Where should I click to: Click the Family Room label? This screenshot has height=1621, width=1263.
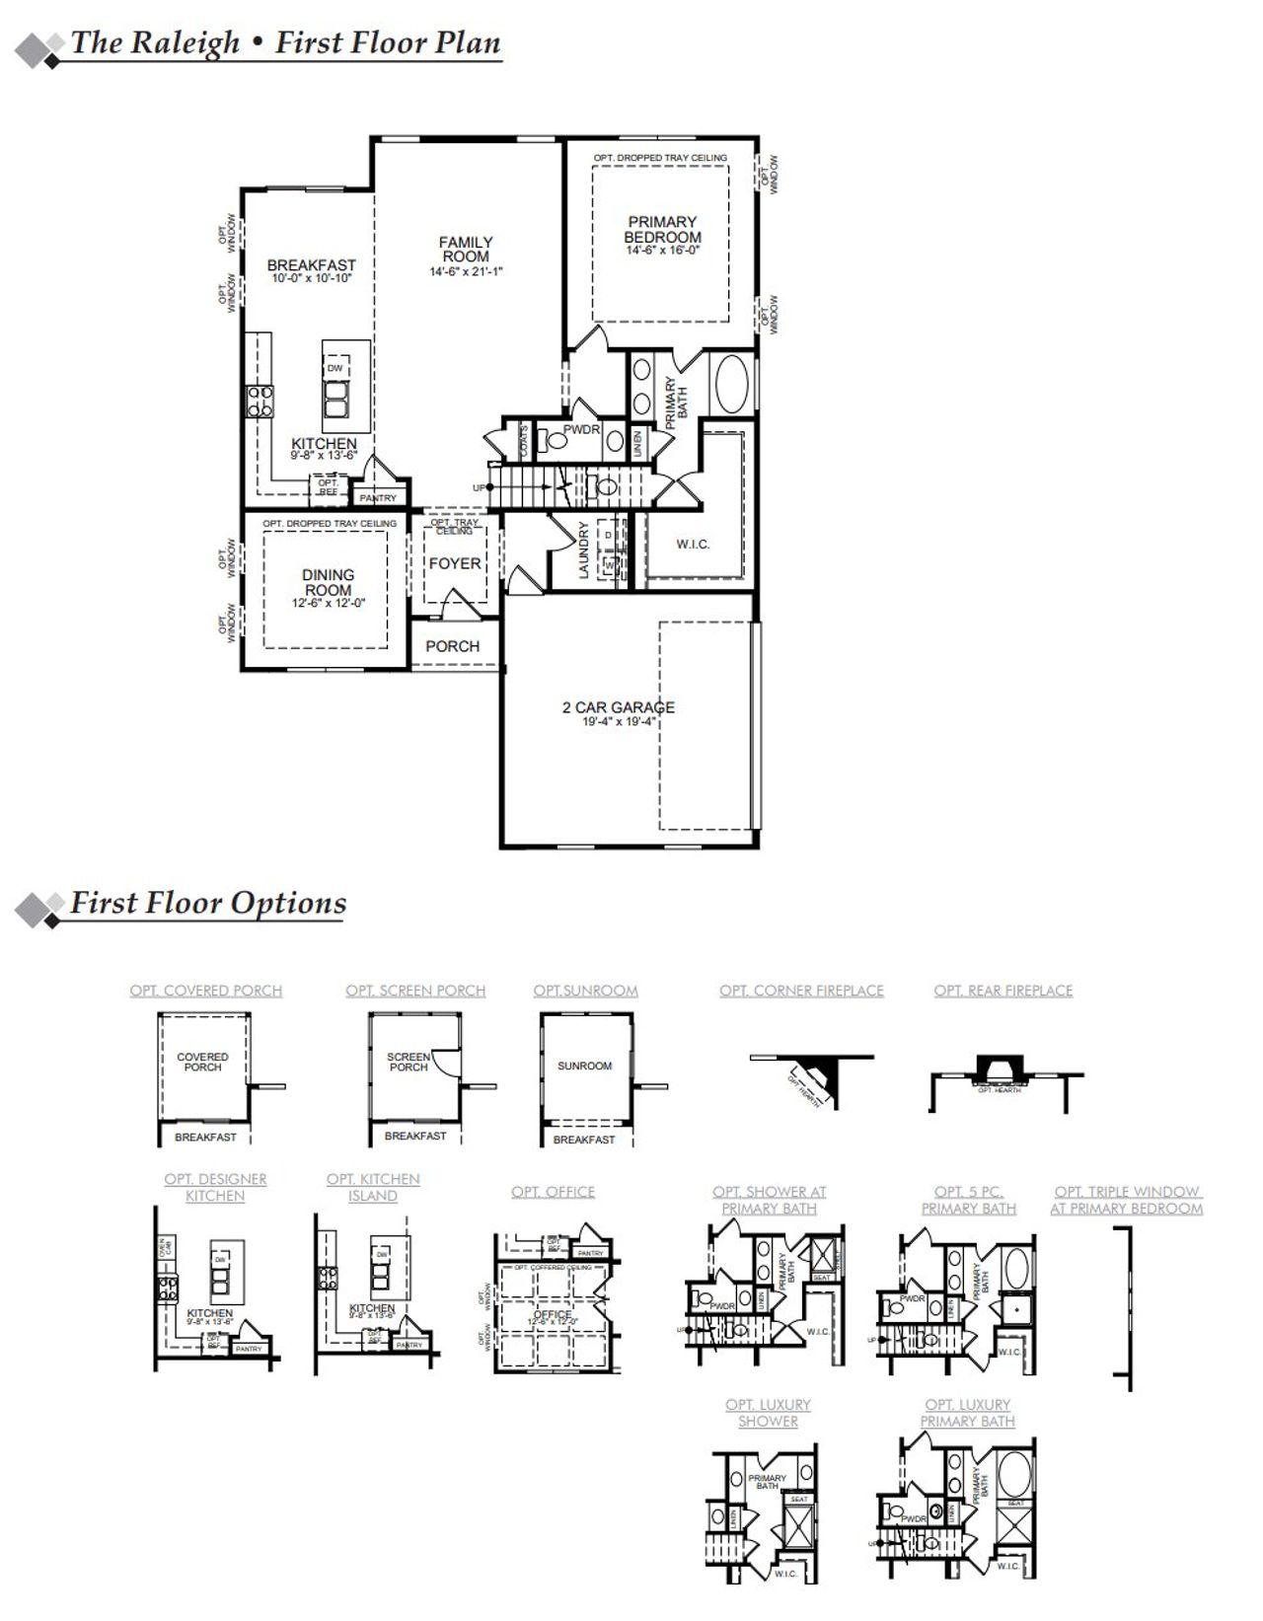[466, 249]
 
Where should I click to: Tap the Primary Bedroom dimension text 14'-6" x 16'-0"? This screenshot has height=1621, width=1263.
[662, 252]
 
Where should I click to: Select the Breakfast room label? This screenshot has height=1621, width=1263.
[311, 265]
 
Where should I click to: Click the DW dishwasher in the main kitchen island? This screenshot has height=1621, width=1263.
[335, 368]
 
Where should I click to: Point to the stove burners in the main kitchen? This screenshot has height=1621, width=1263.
[260, 400]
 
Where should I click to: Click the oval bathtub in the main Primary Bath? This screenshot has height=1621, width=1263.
[731, 385]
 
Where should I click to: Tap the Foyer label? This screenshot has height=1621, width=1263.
[455, 563]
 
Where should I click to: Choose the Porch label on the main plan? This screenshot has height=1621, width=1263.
[453, 646]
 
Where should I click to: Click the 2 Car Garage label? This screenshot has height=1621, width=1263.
[619, 707]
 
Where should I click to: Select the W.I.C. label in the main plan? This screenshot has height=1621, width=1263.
[693, 545]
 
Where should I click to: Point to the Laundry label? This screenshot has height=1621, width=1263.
[584, 551]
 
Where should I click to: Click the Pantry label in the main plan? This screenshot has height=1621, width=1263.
[378, 498]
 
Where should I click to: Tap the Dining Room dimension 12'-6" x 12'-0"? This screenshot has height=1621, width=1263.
[329, 603]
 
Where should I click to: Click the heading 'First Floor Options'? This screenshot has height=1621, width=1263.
[208, 903]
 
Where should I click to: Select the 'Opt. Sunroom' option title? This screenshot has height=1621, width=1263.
[585, 991]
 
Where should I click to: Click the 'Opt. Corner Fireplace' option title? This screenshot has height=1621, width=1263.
[801, 991]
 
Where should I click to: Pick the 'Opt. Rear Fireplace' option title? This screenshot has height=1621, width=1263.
[1003, 991]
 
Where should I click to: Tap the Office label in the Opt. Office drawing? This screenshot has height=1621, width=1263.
[552, 1315]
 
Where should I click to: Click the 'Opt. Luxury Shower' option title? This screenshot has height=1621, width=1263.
[768, 1413]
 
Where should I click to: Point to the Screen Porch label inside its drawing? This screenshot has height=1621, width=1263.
[409, 1062]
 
